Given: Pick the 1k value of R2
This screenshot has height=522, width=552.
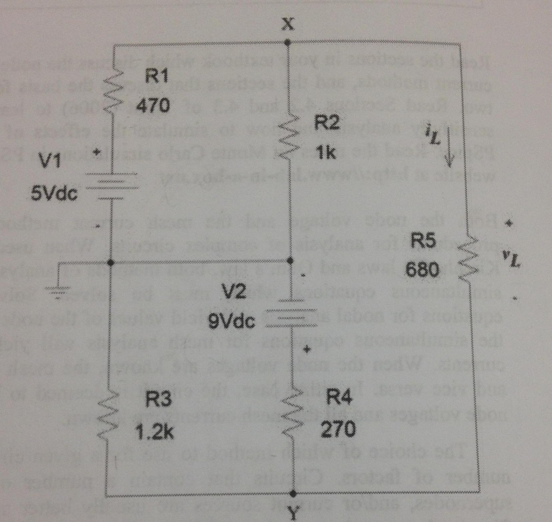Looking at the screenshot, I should [x=327, y=153].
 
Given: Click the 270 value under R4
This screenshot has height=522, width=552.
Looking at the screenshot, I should [x=338, y=430].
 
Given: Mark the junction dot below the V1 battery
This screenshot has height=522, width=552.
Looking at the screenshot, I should [x=111, y=263].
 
